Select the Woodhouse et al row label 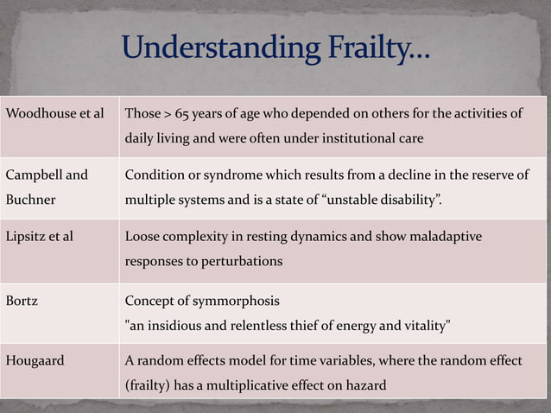(x=54, y=114)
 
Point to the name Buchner (x=30, y=199)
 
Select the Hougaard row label (x=35, y=360)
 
